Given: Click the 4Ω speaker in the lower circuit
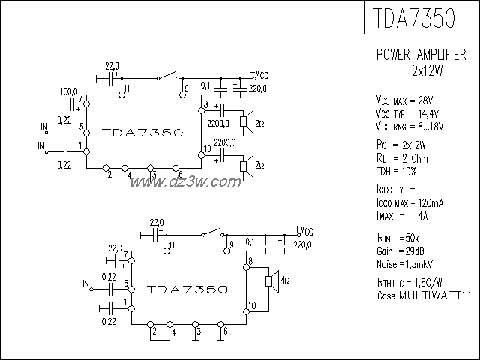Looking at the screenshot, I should [x=270, y=281].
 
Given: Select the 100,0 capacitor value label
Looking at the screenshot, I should [x=69, y=91].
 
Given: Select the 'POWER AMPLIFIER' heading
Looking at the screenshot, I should [x=420, y=57].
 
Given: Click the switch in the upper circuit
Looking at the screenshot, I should [x=166, y=76].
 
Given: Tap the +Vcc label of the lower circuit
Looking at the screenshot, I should [x=304, y=229].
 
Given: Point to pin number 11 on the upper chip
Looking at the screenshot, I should [x=127, y=88].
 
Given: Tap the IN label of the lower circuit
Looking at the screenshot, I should [x=86, y=282].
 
